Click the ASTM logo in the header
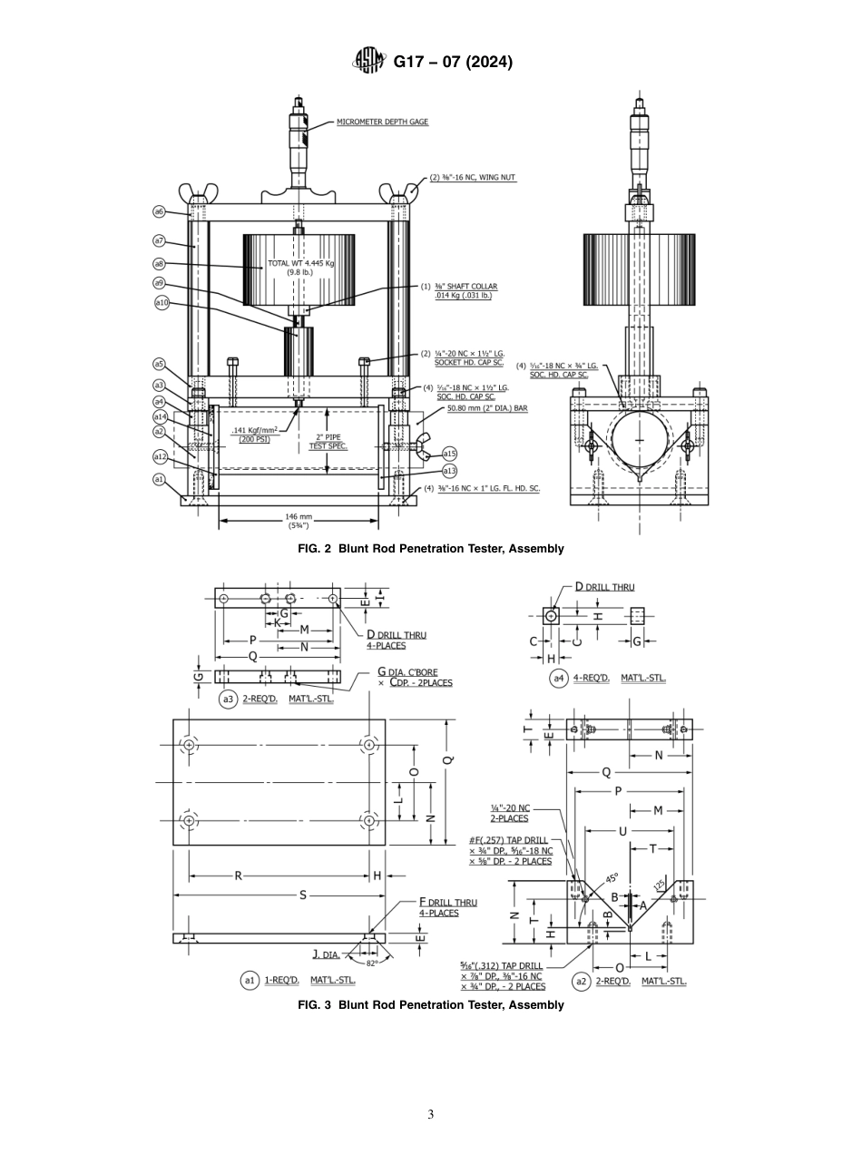369,62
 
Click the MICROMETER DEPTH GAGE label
382,122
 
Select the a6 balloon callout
159,211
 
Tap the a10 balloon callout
162,302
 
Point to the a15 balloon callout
450,453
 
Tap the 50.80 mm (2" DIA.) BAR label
486,408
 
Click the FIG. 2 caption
431,549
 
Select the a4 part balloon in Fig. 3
558,678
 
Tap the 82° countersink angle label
372,963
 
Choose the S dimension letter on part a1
303,895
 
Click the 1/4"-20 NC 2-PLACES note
509,813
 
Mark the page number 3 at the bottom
431,1115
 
